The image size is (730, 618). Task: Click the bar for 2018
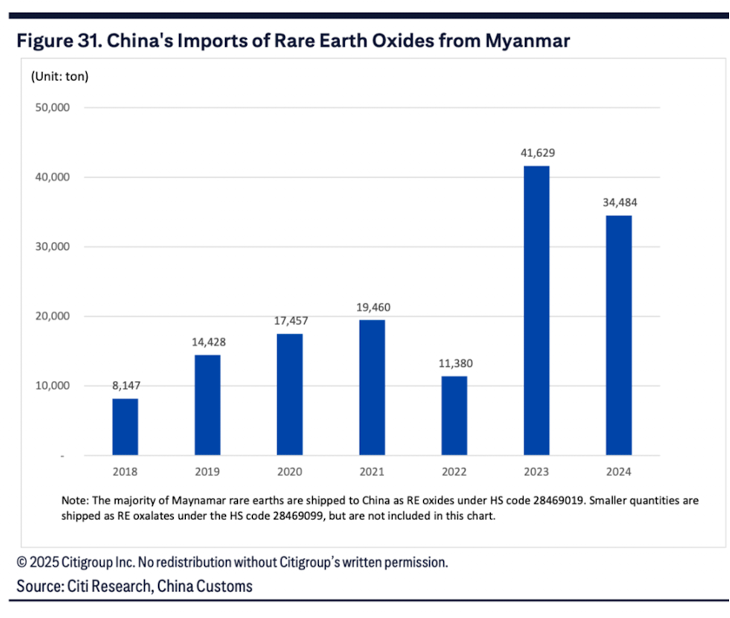pyautogui.click(x=125, y=426)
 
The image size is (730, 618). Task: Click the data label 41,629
pyautogui.click(x=536, y=153)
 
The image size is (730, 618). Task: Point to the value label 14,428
pyautogui.click(x=208, y=342)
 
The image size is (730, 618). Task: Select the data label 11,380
pyautogui.click(x=454, y=363)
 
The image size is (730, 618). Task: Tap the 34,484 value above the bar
pyautogui.click(x=618, y=202)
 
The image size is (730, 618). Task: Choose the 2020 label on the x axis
pyautogui.click(x=289, y=471)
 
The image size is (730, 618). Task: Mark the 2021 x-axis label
pyautogui.click(x=372, y=471)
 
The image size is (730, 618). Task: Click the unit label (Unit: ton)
pyautogui.click(x=60, y=76)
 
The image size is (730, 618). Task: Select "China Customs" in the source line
pyautogui.click(x=205, y=587)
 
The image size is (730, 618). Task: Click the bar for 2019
pyautogui.click(x=208, y=404)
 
